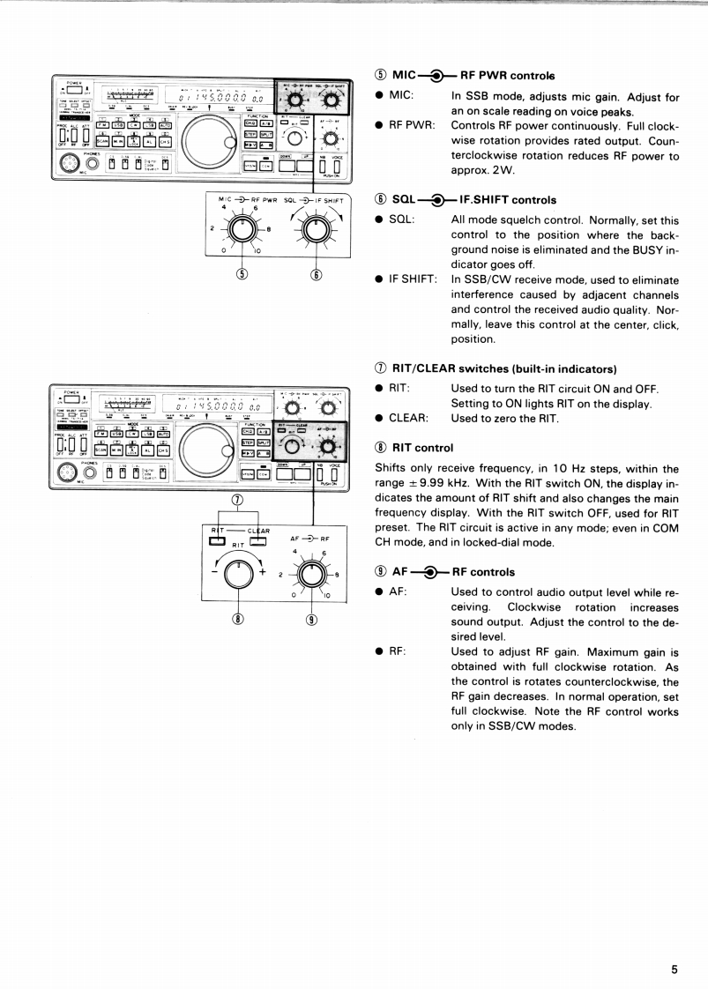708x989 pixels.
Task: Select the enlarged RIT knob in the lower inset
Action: [237, 575]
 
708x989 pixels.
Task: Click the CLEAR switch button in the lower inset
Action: [257, 540]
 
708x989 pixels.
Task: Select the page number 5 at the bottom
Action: [674, 944]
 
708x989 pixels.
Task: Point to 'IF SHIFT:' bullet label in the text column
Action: [415, 279]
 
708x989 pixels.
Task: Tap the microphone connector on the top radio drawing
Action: [67, 166]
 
